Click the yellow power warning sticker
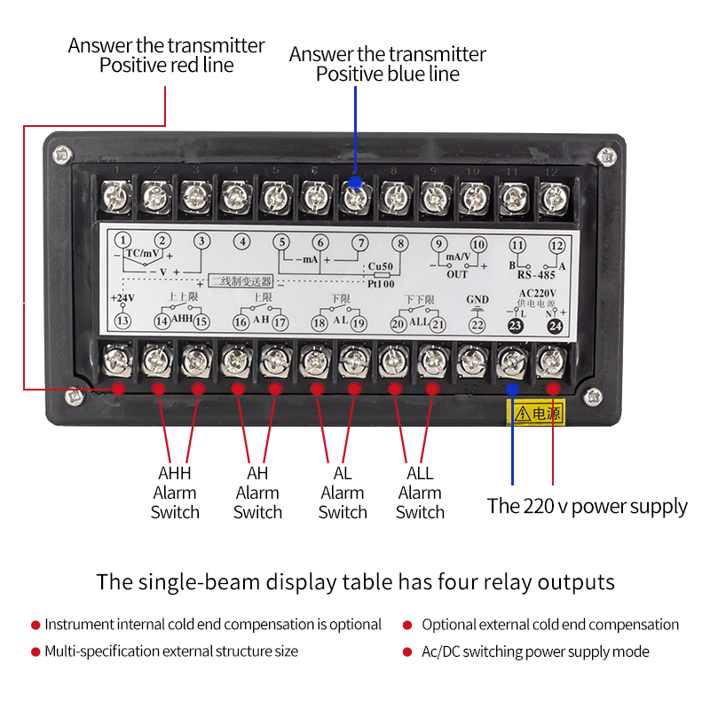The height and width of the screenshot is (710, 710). (x=535, y=412)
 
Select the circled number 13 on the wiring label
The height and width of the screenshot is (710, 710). (x=123, y=321)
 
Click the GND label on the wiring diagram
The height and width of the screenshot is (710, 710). (x=477, y=299)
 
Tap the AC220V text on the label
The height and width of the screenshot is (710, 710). (x=537, y=294)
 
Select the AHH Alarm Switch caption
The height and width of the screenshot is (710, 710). (x=175, y=493)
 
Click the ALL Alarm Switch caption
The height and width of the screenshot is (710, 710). (x=420, y=493)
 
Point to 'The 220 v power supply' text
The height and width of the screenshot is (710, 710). (x=587, y=507)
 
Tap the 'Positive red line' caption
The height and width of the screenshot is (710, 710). (x=166, y=66)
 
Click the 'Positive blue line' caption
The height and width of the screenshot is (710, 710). (x=388, y=75)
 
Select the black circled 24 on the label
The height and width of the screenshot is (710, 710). (x=556, y=326)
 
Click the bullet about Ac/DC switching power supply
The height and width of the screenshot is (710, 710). (x=535, y=651)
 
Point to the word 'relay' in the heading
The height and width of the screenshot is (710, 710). (x=514, y=583)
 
